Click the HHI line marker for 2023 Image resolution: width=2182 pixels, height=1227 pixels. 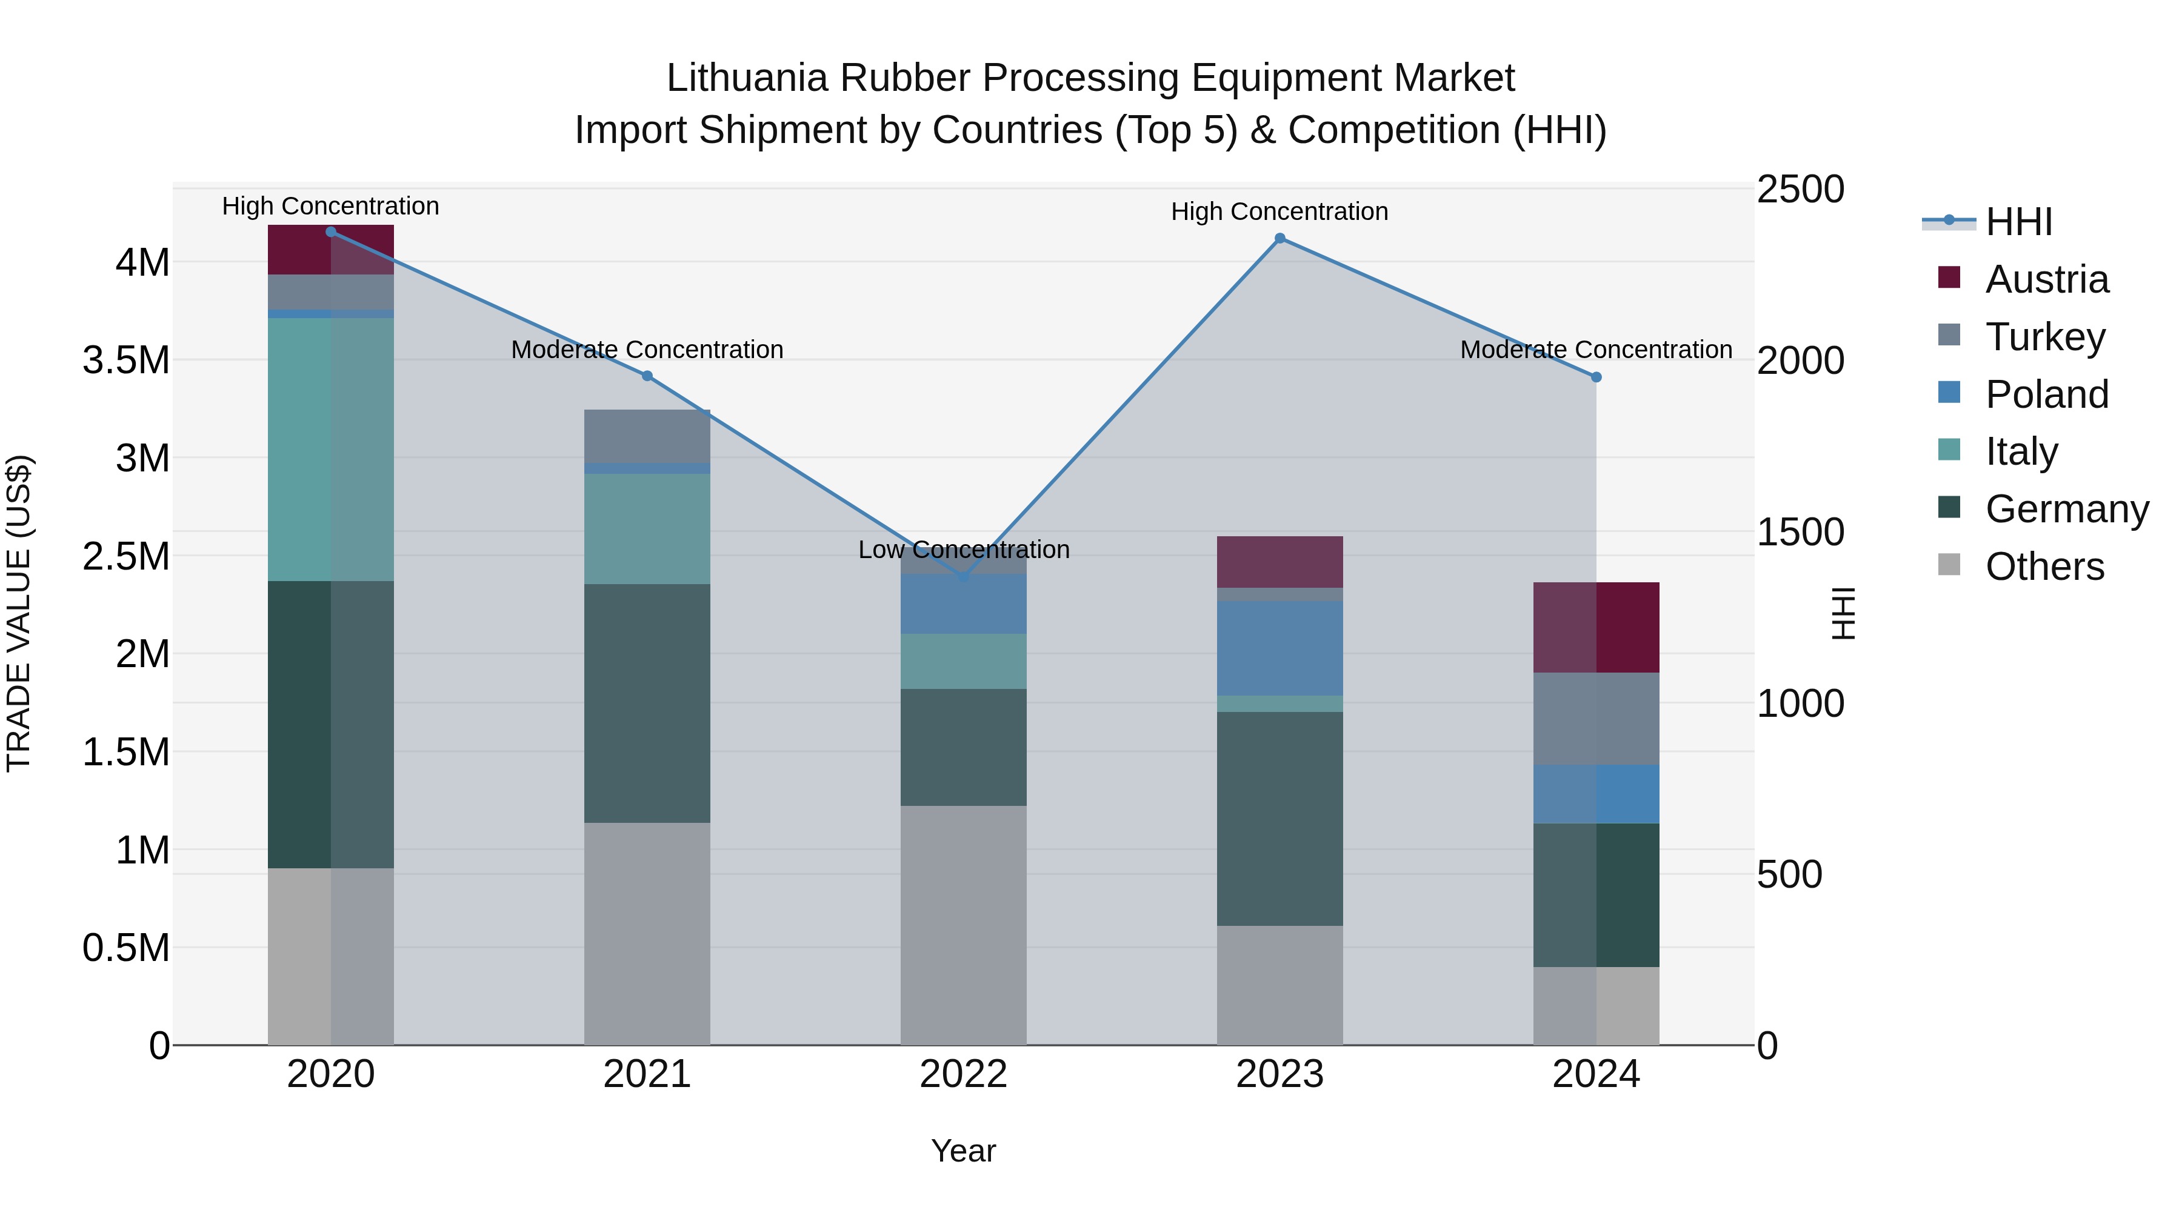coord(1280,239)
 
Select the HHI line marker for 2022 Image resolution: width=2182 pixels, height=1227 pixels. coord(963,577)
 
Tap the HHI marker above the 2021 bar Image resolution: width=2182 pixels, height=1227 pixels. coord(647,376)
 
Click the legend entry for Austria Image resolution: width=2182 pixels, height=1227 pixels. coord(2046,279)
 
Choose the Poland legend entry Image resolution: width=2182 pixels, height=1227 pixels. coord(2046,394)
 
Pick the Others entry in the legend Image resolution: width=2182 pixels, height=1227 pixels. coord(2043,567)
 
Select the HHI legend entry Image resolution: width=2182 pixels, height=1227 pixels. coord(2018,222)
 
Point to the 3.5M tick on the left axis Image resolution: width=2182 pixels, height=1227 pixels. coord(126,361)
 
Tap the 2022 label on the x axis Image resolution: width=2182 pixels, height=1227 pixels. coord(963,1074)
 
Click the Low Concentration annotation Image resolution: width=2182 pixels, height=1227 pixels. coord(963,550)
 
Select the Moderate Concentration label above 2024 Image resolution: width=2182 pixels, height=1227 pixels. coord(1595,350)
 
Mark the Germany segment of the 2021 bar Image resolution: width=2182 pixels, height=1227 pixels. coord(647,703)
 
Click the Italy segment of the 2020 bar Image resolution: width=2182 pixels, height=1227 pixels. coord(330,449)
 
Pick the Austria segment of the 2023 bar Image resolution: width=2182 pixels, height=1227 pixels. coord(1280,562)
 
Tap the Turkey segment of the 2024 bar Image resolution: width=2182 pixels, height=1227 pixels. coord(1596,719)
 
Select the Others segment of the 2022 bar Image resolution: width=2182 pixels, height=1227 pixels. coord(963,925)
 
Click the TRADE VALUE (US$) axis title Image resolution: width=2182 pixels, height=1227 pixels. coord(19,613)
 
